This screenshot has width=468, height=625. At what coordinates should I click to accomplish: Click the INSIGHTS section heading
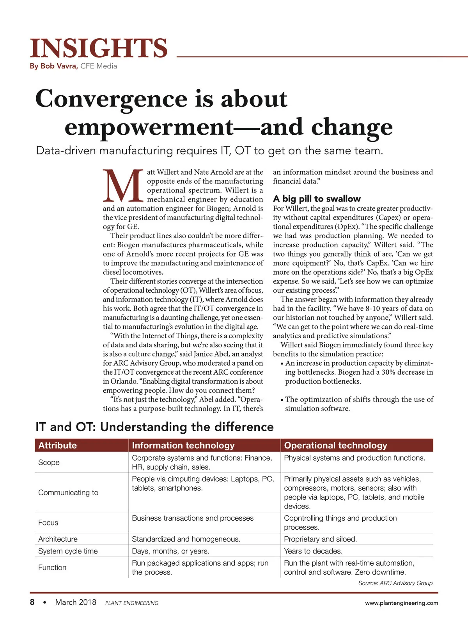tap(99, 48)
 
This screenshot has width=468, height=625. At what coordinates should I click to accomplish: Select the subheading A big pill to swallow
tap(317, 198)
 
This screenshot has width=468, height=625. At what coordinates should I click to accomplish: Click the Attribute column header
tap(58, 445)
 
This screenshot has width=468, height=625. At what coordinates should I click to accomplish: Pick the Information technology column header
tap(183, 445)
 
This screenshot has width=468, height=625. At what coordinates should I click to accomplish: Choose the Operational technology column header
tap(335, 445)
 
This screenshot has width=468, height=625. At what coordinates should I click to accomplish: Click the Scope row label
tap(49, 462)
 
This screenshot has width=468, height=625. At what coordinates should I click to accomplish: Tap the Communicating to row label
tap(68, 493)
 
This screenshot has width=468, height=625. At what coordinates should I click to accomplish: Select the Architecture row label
tap(58, 539)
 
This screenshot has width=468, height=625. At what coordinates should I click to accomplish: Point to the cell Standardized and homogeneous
tap(186, 539)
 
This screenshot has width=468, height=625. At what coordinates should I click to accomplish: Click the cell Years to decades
tap(313, 551)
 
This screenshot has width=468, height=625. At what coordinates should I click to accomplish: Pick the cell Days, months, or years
tap(170, 551)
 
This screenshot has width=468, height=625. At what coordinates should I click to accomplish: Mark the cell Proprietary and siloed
tap(320, 539)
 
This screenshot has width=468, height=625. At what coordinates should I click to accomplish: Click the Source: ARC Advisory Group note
tap(395, 583)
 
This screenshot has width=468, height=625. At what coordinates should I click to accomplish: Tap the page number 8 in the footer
tap(32, 602)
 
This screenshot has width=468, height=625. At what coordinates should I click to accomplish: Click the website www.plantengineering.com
tap(401, 603)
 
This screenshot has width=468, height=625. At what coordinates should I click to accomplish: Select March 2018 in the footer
tap(76, 602)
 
